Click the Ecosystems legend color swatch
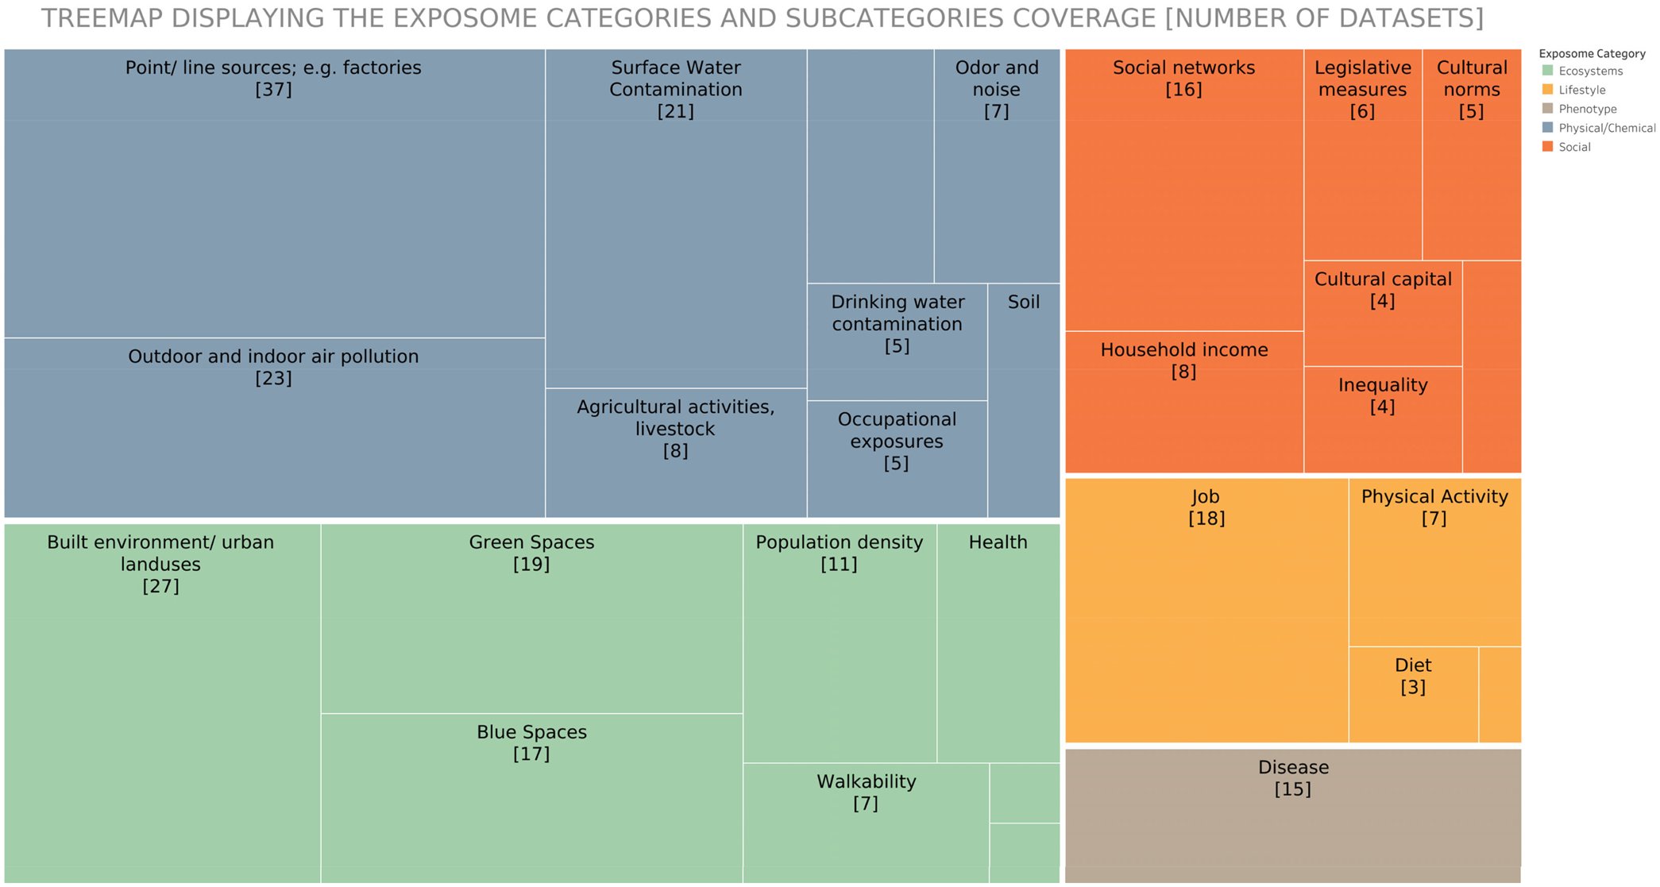(x=1547, y=71)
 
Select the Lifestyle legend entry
(x=1581, y=90)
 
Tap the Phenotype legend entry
(x=1587, y=109)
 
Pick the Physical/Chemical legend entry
(x=1606, y=128)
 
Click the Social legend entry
(x=1574, y=147)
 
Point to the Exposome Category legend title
(x=1592, y=53)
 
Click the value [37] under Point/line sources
(x=273, y=90)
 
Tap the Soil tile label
(x=1024, y=302)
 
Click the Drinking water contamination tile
(x=898, y=341)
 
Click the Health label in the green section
(x=998, y=542)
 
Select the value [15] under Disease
(x=1293, y=789)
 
